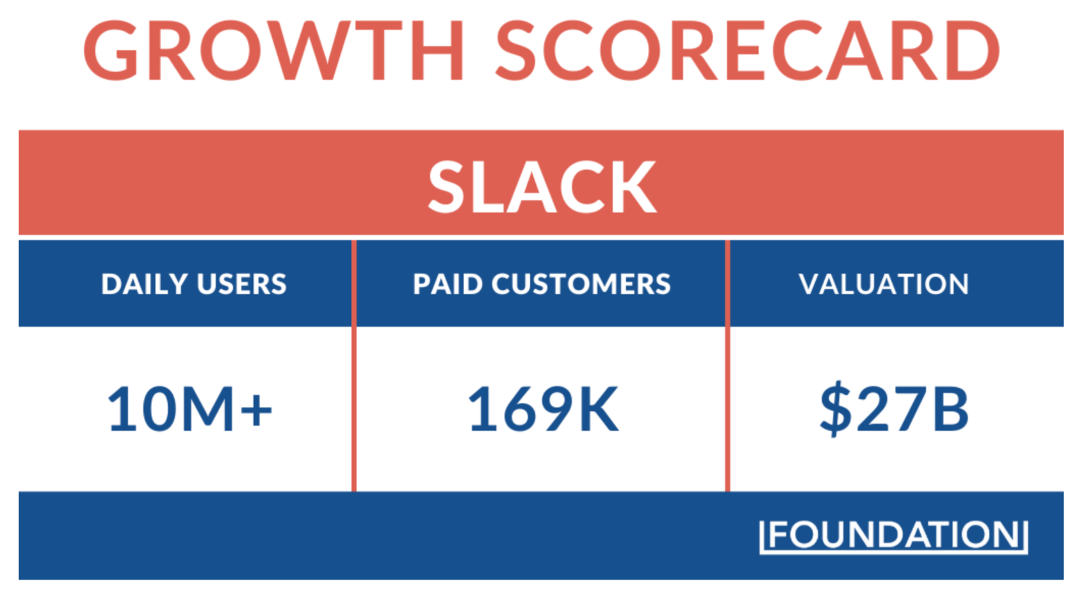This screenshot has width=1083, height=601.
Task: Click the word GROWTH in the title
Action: (275, 51)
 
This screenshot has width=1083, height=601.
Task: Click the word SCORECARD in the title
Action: (747, 51)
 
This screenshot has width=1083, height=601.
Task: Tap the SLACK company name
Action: (541, 187)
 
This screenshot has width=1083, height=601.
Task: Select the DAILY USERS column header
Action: (194, 284)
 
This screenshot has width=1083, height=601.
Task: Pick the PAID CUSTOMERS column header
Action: (541, 284)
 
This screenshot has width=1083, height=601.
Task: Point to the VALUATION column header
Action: (883, 284)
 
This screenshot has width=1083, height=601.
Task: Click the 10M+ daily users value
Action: (189, 409)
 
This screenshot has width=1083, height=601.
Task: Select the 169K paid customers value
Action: (543, 409)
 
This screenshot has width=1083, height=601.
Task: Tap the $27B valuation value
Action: (894, 409)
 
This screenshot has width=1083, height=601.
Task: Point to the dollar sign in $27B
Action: (836, 409)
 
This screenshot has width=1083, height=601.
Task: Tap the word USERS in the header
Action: (242, 284)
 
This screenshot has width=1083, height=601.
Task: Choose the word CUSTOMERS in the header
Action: (581, 284)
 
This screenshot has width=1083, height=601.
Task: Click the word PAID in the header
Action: (448, 284)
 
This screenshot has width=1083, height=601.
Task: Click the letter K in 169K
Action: (598, 409)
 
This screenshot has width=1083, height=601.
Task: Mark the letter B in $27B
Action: (950, 409)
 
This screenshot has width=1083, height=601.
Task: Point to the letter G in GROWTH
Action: (111, 51)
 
